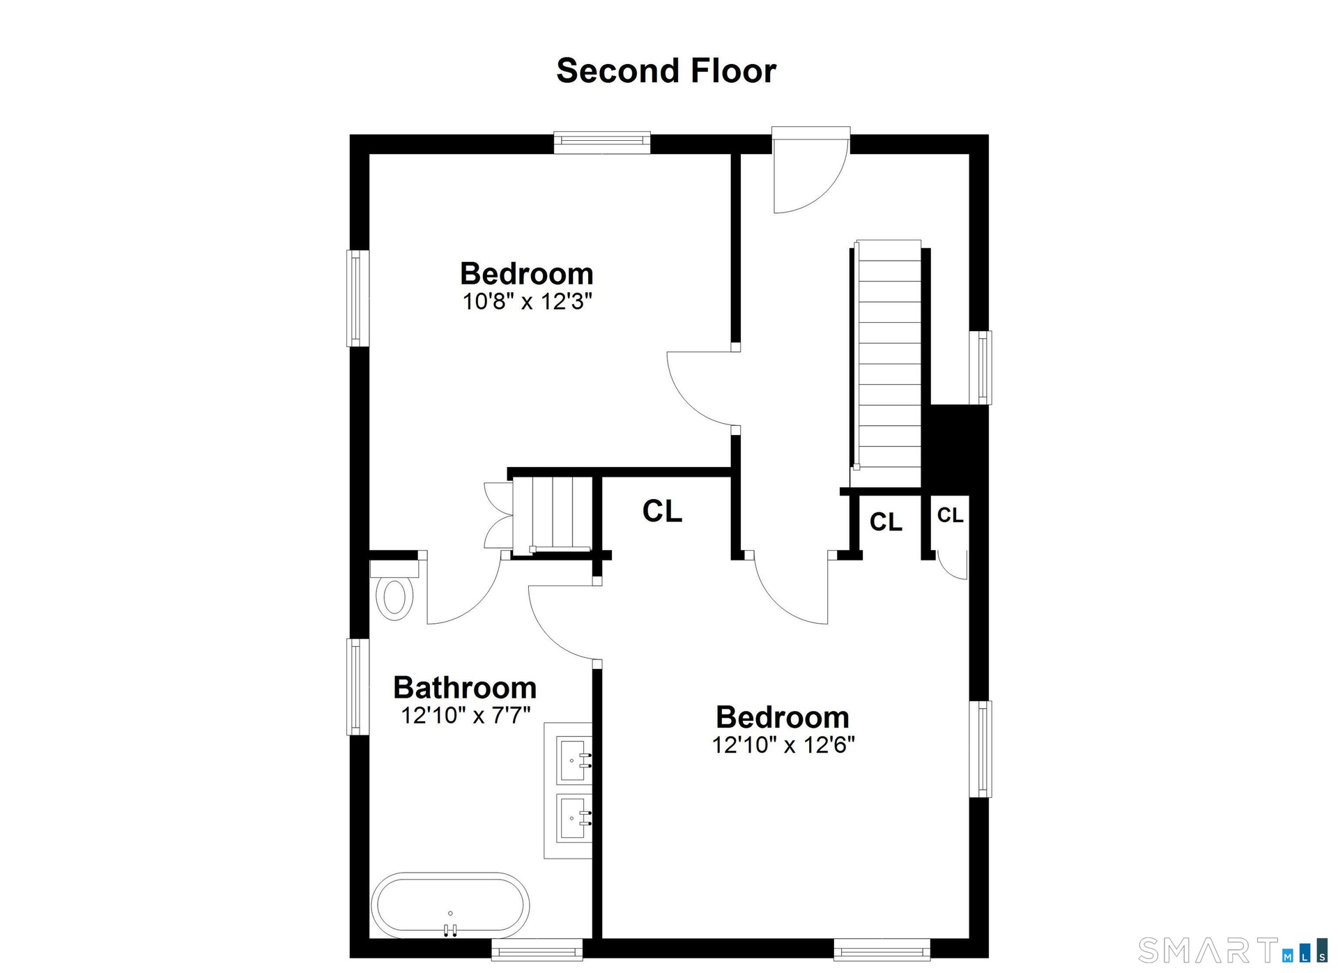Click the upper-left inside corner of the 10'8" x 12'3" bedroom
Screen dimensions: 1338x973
coord(369,153)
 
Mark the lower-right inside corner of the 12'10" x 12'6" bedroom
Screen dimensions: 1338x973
coord(969,938)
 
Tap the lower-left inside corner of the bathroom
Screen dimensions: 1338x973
coord(369,938)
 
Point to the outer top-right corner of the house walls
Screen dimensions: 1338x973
coord(988,135)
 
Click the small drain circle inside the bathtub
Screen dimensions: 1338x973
coord(450,913)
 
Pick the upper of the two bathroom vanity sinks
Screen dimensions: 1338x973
coord(575,760)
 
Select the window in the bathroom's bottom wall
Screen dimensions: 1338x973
coord(537,949)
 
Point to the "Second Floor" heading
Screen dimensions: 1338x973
coord(666,70)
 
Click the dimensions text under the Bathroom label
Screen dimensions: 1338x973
coord(466,715)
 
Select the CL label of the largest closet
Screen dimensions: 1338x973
coord(662,512)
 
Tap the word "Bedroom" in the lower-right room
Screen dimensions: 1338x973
coord(783,717)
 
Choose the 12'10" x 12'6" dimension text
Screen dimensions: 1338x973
coord(783,745)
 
